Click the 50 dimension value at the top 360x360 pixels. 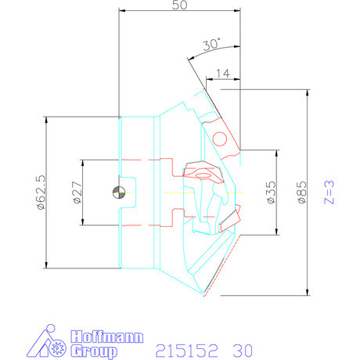(x=179, y=6)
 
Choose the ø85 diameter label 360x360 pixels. (x=301, y=193)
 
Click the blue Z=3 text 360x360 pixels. (x=331, y=193)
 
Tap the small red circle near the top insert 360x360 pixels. (x=221, y=139)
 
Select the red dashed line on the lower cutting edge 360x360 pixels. (x=221, y=266)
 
